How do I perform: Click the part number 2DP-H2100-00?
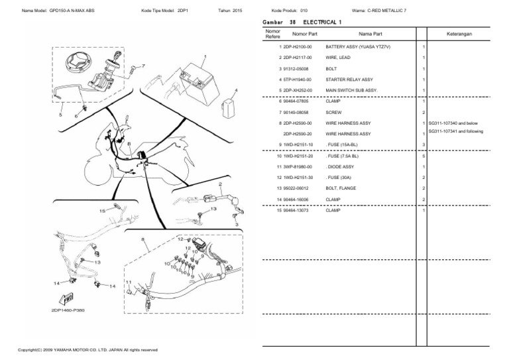299,48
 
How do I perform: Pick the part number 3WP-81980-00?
299,167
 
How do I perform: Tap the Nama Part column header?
370,33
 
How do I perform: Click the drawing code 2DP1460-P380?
67,309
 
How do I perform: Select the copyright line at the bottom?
87,350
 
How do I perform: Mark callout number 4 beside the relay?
237,90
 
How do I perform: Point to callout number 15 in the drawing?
102,210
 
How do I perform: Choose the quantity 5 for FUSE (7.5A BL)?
423,156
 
